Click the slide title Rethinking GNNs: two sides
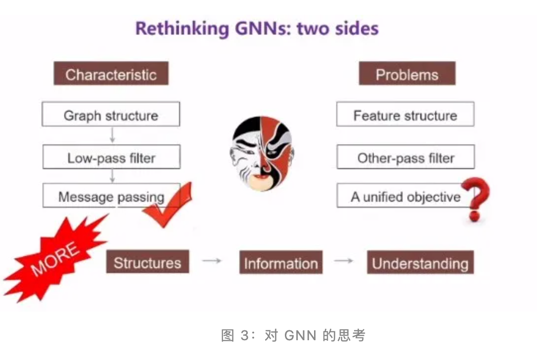[x=257, y=29]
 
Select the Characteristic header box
[x=111, y=74]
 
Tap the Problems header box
[x=407, y=74]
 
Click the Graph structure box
[x=111, y=114]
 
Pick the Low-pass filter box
[x=111, y=157]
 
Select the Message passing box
[x=111, y=196]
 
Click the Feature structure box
[x=406, y=114]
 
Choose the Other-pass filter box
[x=406, y=157]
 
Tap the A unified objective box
[x=406, y=196]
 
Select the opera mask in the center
[x=262, y=154]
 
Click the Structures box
[x=148, y=262]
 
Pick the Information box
[x=281, y=263]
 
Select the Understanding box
[x=420, y=263]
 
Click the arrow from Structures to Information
[x=212, y=261]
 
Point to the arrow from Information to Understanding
[x=344, y=261]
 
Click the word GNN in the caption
[x=300, y=335]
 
